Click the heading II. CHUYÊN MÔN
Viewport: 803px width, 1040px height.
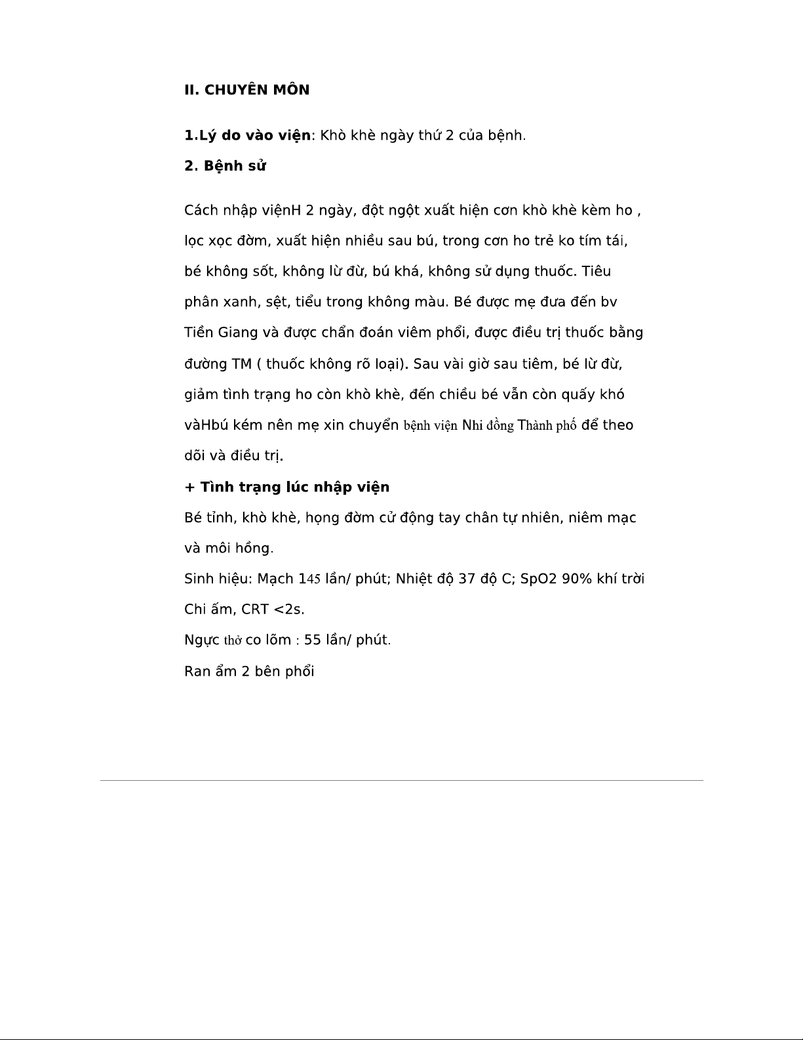[x=246, y=90]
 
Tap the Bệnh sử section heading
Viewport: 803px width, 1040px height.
[x=225, y=165]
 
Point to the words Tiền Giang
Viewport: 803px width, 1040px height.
[x=221, y=332]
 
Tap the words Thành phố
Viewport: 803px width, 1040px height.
[x=547, y=425]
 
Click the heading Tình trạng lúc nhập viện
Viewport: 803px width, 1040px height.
[x=287, y=487]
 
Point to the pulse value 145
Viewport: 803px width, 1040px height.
[x=309, y=579]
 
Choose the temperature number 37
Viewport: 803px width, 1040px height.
[x=466, y=579]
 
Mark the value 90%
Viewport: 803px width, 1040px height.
[x=577, y=579]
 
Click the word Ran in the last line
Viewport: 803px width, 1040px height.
[x=197, y=671]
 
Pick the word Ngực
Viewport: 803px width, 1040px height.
[x=202, y=640]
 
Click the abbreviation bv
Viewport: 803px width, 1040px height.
[x=609, y=302]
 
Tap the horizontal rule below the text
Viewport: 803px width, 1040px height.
[x=401, y=780]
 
